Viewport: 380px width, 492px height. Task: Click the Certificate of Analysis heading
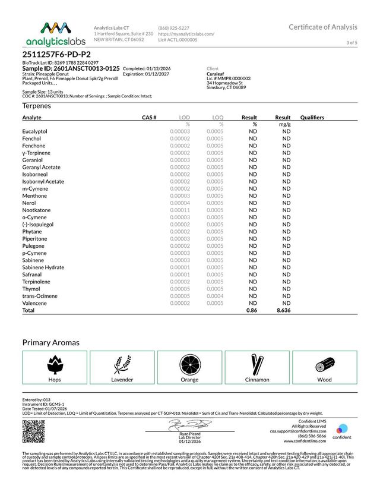pos(323,27)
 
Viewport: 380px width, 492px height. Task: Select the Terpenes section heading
pos(36,106)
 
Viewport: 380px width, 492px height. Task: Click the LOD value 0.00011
pos(180,210)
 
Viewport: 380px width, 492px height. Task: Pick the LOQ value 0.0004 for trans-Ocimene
pos(215,296)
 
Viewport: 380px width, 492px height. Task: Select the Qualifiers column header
pos(312,118)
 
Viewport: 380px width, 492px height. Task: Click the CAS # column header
pos(148,118)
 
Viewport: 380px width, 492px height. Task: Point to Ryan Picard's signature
pos(189,425)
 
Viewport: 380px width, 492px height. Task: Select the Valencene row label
pos(35,303)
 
